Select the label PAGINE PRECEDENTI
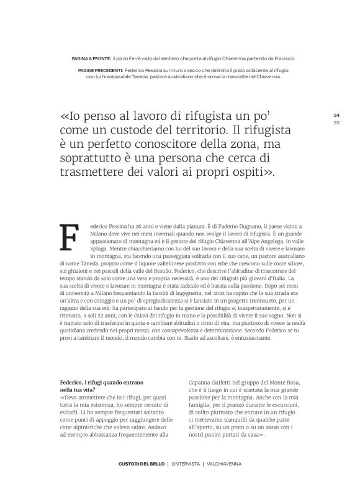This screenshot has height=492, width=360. pyautogui.click(x=101, y=71)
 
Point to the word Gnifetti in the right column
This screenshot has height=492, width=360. pyautogui.click(x=225, y=383)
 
